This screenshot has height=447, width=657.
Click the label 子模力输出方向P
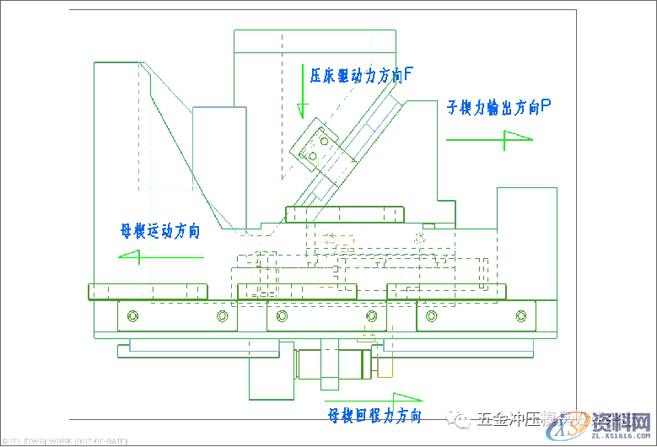tap(498, 107)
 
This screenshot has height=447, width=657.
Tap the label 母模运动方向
tap(160, 230)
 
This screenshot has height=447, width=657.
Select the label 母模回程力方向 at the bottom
tap(374, 415)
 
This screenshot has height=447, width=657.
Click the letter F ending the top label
tap(407, 74)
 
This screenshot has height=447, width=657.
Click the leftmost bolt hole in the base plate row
tap(132, 316)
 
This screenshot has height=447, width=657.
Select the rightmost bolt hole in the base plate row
tap(520, 316)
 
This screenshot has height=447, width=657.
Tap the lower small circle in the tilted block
tap(312, 155)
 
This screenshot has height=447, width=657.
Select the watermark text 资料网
tap(622, 419)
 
